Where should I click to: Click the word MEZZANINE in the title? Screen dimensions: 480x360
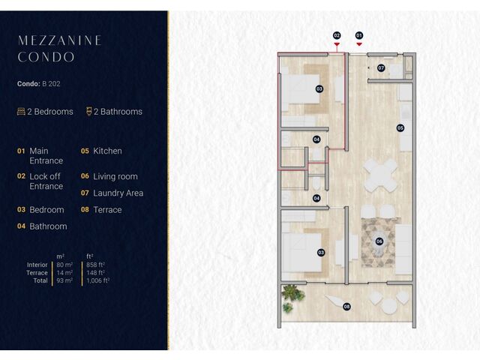click(x=60, y=40)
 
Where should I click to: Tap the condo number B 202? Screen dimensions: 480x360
click(x=51, y=83)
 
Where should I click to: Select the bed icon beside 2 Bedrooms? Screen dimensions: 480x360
click(x=21, y=112)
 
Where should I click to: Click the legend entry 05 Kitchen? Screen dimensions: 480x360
click(x=101, y=151)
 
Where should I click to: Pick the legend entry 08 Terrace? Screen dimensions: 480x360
click(x=101, y=210)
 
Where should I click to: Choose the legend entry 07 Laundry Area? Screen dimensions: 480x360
click(x=112, y=193)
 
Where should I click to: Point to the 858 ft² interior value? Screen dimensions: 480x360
click(x=95, y=265)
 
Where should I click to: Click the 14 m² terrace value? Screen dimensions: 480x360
click(x=64, y=273)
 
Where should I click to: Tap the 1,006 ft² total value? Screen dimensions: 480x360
click(x=98, y=280)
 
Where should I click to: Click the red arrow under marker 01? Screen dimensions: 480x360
click(x=359, y=44)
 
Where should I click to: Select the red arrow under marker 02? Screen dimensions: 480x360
click(x=337, y=45)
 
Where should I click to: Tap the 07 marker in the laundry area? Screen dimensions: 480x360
click(x=381, y=68)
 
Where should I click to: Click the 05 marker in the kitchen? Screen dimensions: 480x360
click(x=400, y=128)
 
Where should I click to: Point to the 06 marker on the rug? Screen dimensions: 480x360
click(x=379, y=241)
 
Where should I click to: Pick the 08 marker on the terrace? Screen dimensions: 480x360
click(x=346, y=307)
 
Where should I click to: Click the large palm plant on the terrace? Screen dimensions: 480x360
click(x=292, y=293)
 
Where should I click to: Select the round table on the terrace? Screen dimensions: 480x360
click(x=389, y=306)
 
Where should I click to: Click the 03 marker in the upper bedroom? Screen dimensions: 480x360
click(x=319, y=88)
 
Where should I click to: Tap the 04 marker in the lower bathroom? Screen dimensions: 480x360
click(x=316, y=198)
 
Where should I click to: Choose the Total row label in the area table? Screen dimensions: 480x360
click(x=40, y=280)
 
